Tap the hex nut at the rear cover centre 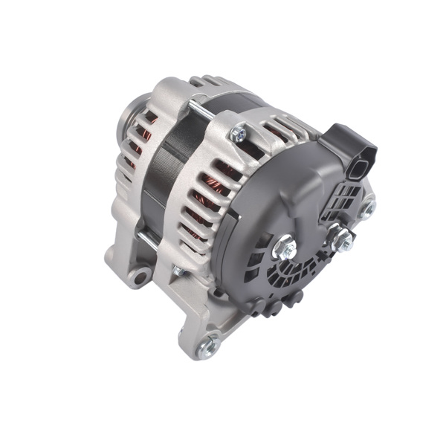click(285, 248)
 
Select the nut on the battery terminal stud click(342, 239)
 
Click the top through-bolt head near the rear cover click(238, 133)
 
